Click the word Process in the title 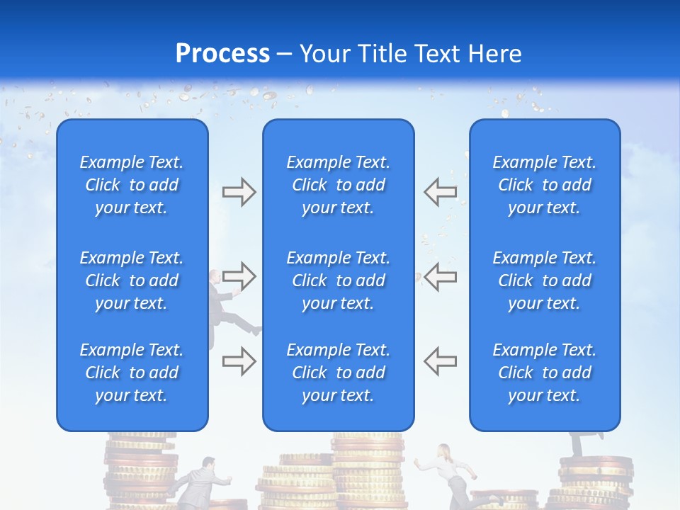[x=222, y=53]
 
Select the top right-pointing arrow [x=239, y=191]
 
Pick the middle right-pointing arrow [x=239, y=275]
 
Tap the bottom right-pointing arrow [x=239, y=361]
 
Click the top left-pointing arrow [x=441, y=191]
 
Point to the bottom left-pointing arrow [x=441, y=361]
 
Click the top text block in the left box [x=132, y=185]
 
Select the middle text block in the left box [x=132, y=280]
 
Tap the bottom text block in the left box [x=132, y=373]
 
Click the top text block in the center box [x=338, y=185]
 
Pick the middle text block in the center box [x=338, y=280]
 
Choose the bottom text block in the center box [x=338, y=373]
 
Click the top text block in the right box [x=545, y=185]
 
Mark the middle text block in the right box [x=545, y=280]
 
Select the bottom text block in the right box [x=545, y=373]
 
